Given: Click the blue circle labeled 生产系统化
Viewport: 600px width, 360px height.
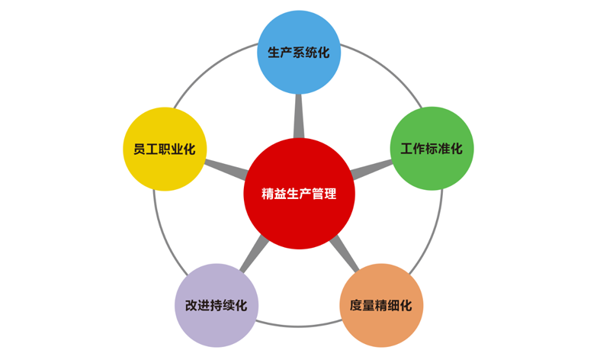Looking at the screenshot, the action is point(299,52).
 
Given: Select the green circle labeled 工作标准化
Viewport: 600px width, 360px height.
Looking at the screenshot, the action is point(432,149).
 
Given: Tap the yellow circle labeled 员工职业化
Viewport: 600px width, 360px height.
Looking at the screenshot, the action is point(165,149).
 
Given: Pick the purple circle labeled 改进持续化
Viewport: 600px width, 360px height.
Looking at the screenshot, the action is point(217,305).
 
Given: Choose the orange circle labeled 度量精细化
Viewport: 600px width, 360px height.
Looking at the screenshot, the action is point(381,305).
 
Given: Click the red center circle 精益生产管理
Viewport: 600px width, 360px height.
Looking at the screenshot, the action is point(299,194).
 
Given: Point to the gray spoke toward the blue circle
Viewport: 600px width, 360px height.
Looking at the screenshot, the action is point(299,116).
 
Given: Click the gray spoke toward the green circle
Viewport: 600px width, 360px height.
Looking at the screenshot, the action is point(371,169).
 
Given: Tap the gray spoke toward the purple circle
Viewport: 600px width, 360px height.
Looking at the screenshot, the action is point(255,254).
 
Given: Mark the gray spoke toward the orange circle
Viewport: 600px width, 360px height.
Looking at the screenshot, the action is point(345,254).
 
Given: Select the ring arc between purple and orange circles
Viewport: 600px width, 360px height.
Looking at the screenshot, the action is point(299,325).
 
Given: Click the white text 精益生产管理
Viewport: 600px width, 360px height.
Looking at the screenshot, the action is point(299,194).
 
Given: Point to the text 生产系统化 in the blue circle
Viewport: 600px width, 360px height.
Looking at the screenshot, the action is point(299,53).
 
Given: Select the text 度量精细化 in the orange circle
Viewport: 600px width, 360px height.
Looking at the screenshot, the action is point(381,306).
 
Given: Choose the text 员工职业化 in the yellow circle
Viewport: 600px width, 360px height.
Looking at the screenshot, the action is point(165,149).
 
